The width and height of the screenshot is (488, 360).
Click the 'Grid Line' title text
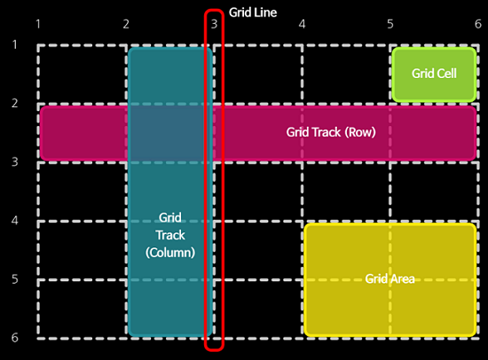(253, 12)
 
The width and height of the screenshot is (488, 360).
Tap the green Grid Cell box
(434, 74)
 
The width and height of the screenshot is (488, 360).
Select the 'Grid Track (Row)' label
(331, 132)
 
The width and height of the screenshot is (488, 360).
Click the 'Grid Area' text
(390, 278)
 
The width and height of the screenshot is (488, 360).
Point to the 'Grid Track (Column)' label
(169, 234)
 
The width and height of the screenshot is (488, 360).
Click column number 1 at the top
(38, 24)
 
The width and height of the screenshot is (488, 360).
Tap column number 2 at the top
(127, 24)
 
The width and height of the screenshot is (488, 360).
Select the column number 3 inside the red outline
(214, 24)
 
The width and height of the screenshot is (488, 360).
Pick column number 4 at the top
(303, 24)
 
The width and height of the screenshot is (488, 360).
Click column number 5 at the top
(390, 24)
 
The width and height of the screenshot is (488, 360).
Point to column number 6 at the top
(477, 24)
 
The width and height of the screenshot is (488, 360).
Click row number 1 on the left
(14, 44)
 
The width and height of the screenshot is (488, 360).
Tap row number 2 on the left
(14, 103)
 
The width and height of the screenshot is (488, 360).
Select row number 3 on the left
(14, 161)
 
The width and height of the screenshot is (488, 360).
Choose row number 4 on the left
(14, 220)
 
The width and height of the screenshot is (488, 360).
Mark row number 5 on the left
(14, 278)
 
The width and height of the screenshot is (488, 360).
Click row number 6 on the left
(14, 338)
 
